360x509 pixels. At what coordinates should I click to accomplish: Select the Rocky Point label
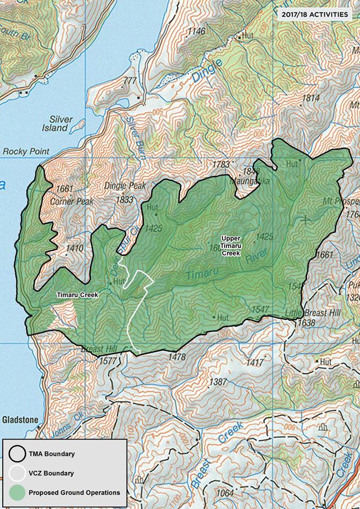(26, 152)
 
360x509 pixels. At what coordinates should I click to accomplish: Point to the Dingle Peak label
(124, 186)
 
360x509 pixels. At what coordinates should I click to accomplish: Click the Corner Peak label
(72, 201)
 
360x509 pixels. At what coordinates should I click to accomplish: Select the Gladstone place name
(19, 420)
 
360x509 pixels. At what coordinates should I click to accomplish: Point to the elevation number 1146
(196, 31)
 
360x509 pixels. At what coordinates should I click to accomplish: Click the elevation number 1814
(311, 98)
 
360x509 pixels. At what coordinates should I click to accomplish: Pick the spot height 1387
(218, 382)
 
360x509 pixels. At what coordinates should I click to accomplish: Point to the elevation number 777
(130, 81)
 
